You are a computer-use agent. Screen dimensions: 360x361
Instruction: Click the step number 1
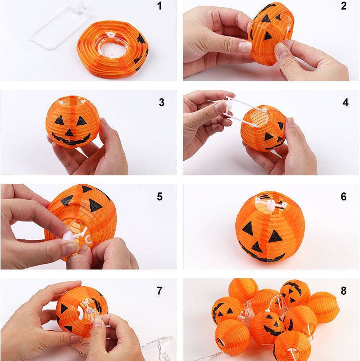click(160, 6)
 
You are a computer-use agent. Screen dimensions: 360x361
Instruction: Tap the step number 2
click(344, 6)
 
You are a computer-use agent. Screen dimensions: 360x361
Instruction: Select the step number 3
click(162, 102)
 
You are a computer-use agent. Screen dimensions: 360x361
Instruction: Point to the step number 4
click(345, 102)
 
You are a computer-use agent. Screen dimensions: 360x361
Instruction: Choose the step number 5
click(160, 197)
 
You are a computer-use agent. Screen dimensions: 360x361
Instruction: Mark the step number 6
click(344, 197)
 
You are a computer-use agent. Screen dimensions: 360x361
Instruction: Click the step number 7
click(160, 291)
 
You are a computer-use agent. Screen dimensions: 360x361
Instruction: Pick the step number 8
click(344, 291)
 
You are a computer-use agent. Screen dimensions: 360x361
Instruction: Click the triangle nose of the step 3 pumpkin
click(69, 133)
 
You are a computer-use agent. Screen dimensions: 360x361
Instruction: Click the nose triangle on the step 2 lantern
click(268, 35)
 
